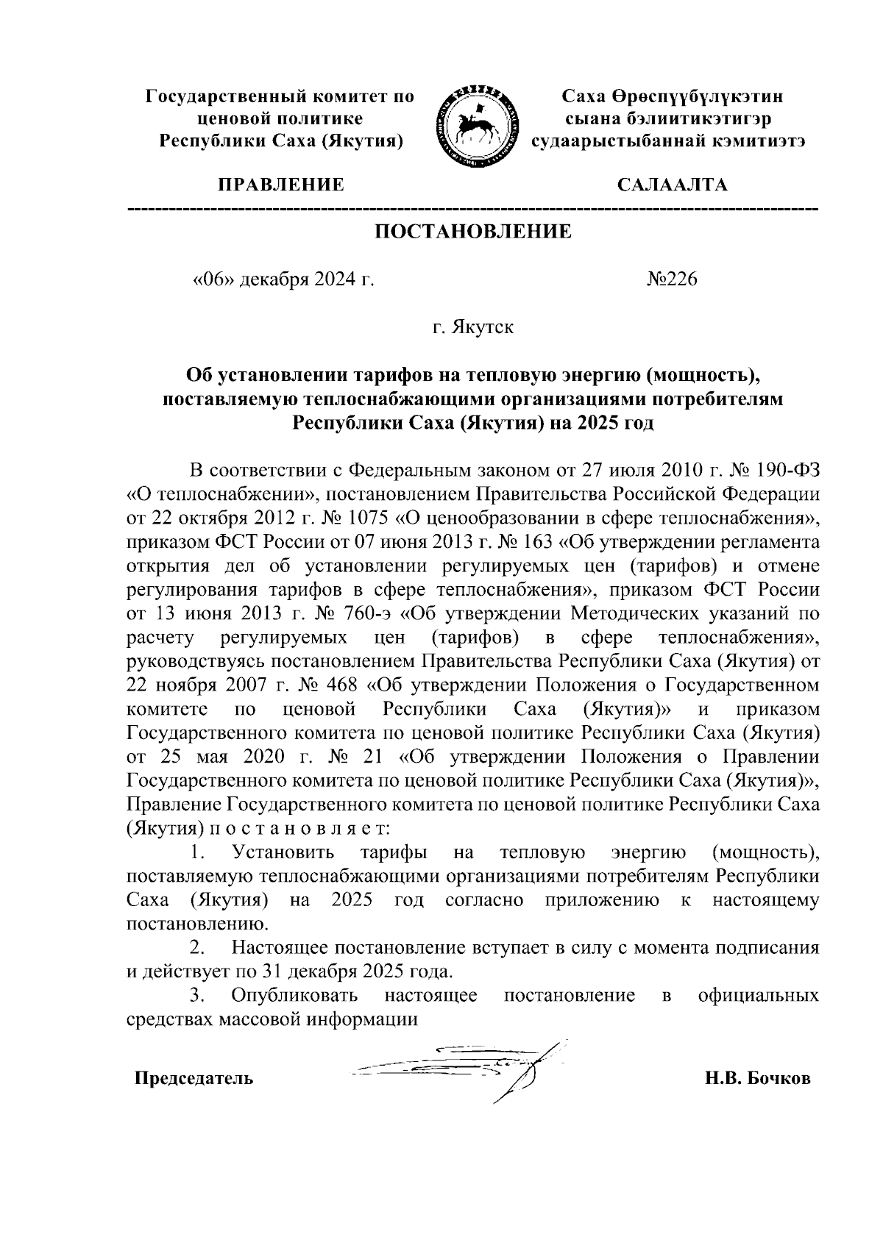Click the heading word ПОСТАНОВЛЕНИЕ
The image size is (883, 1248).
[x=473, y=232]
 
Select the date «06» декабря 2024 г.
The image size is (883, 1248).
[x=283, y=280]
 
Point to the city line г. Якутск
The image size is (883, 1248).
[x=473, y=327]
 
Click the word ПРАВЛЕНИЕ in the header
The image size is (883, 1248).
[x=280, y=185]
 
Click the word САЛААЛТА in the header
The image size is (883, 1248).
[x=673, y=185]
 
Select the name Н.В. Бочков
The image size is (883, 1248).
[x=757, y=1080]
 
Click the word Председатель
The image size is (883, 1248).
[x=193, y=1080]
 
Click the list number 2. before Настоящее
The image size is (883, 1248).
[x=196, y=948]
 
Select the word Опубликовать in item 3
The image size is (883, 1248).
[x=294, y=996]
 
